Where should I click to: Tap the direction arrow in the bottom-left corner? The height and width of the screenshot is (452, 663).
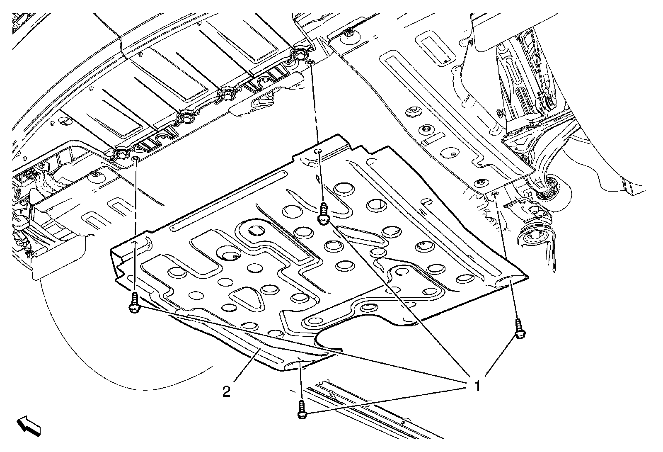tap(29, 427)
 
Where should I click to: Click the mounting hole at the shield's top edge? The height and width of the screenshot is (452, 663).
tap(317, 151)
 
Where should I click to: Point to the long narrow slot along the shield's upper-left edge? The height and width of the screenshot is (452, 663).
tap(228, 199)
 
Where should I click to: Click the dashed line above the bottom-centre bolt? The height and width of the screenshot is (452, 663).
tap(301, 382)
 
